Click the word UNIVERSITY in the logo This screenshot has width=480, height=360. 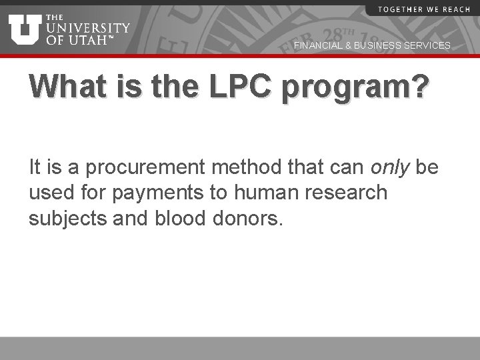pos(88,27)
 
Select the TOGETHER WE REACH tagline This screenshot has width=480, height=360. pos(418,9)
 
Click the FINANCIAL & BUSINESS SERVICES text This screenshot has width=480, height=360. pos(372,45)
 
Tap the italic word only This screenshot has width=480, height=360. pos(388,167)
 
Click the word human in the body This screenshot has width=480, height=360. pos(259,193)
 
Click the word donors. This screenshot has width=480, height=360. pos(250,218)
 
